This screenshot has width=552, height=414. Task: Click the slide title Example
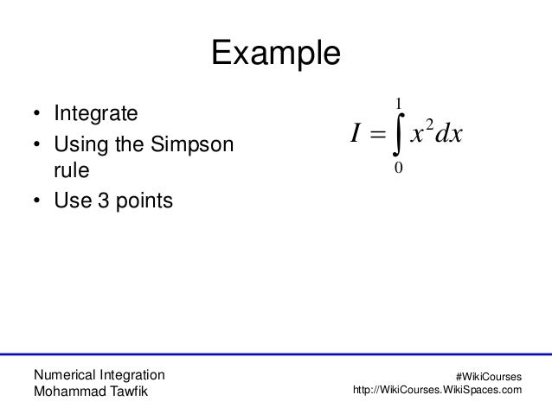[276, 54]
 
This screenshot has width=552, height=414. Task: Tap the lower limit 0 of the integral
[397, 169]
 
